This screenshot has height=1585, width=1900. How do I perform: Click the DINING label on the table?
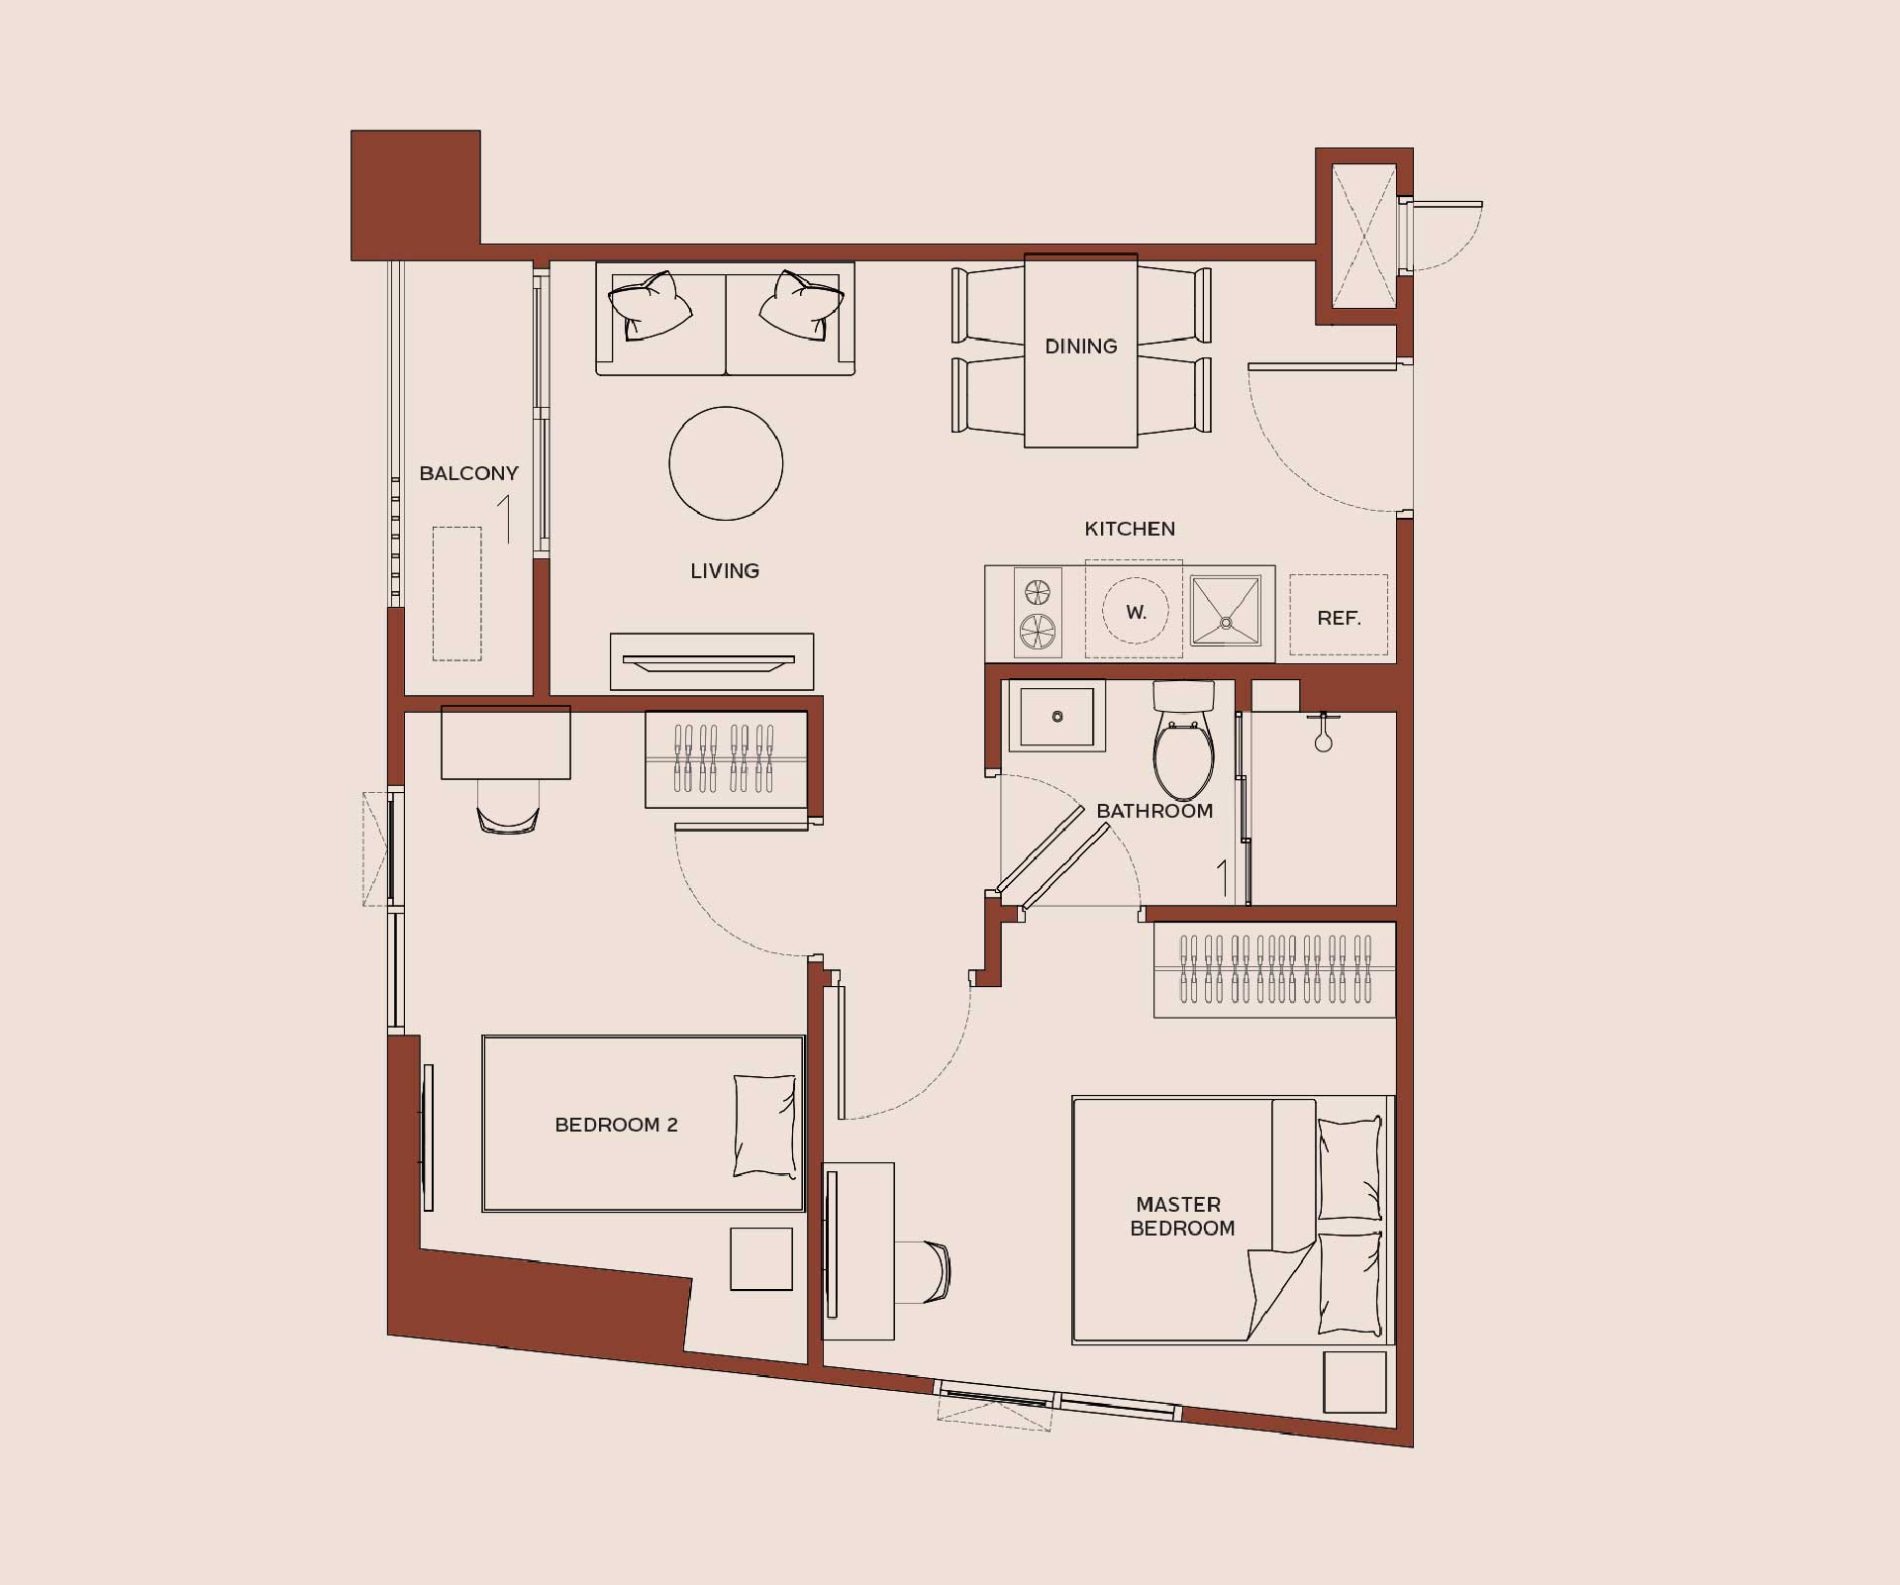tap(1080, 347)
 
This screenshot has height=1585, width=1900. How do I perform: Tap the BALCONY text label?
tap(468, 473)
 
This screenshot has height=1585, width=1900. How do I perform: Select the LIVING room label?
tap(725, 571)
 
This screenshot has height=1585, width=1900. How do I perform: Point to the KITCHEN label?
tap(1130, 529)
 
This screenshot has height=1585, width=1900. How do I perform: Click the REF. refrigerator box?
tap(1339, 615)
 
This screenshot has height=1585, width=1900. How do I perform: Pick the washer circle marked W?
tap(1135, 611)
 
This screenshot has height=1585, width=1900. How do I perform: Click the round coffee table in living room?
tap(726, 463)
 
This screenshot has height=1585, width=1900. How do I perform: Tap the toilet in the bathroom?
tap(1183, 741)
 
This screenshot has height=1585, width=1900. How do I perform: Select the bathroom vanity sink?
tap(1056, 716)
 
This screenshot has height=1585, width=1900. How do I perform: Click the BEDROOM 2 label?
tap(616, 1125)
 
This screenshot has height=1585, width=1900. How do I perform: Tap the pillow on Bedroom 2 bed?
tap(764, 1126)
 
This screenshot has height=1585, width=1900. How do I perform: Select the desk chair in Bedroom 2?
tap(507, 808)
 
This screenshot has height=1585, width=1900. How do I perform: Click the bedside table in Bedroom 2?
tap(761, 1259)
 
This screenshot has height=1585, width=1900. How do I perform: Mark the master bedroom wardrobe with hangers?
tap(1274, 970)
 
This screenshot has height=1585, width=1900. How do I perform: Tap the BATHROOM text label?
tap(1154, 811)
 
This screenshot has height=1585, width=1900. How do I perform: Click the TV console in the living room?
tap(712, 661)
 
